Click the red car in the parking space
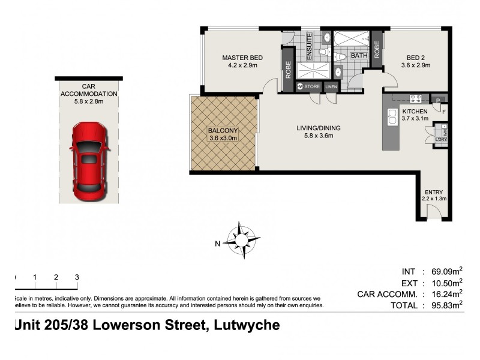coord(89,161)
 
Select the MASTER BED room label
coord(239,58)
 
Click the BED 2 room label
coord(416,58)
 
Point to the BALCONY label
coord(223,130)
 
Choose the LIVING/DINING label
coord(318,127)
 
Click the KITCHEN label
coord(415,111)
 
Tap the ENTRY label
coord(434,192)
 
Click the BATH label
coord(359,56)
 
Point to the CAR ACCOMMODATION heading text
coord(88,90)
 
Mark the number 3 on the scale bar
coord(77,277)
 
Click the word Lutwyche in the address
coord(246,326)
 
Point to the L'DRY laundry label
coord(442,139)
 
